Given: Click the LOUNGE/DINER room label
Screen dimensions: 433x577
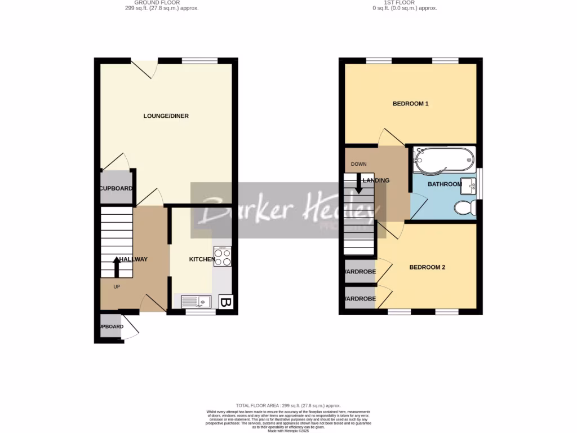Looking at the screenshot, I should click(x=166, y=116).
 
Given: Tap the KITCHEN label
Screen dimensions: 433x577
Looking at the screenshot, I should click(x=201, y=259).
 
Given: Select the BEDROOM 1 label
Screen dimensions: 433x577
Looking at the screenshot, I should click(x=410, y=104).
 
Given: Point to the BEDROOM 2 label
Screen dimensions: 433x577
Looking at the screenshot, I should click(x=427, y=267).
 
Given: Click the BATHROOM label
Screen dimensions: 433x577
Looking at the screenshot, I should click(x=445, y=184).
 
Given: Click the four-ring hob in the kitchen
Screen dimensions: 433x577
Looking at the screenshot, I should click(x=223, y=257).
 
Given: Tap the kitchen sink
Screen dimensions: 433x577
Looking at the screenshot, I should click(x=196, y=302).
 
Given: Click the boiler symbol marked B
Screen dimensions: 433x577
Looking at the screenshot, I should click(x=225, y=303).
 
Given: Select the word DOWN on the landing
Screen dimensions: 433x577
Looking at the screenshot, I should click(x=358, y=164).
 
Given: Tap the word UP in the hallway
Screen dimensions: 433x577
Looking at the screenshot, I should click(x=117, y=286).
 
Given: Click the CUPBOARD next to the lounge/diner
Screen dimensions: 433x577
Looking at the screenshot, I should click(x=116, y=188).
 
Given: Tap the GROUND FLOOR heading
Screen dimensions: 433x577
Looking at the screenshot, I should click(x=161, y=3).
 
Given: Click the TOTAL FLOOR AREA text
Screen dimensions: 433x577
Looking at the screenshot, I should click(x=288, y=406).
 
